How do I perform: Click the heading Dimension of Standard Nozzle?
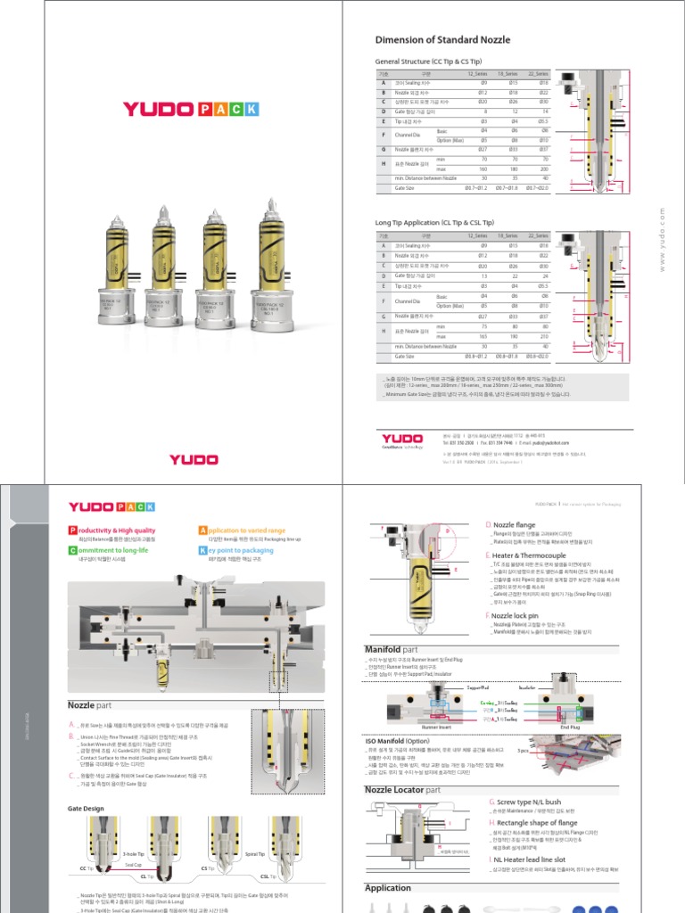(x=444, y=39)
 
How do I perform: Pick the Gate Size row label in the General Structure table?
(x=404, y=188)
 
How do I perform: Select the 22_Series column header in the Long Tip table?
(x=537, y=234)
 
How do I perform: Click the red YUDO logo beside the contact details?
(x=402, y=438)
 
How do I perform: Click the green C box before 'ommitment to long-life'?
(x=71, y=551)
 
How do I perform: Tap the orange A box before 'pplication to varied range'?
(x=203, y=531)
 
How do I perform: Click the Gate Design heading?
(x=86, y=809)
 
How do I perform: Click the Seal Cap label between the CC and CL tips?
(x=133, y=865)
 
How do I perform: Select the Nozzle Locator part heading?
(x=402, y=790)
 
